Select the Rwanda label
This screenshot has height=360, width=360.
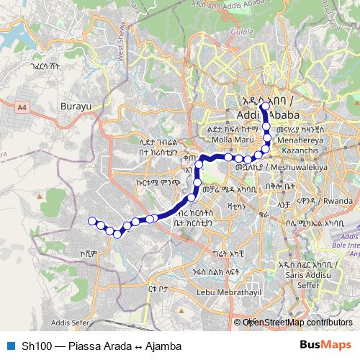[x=338, y=200]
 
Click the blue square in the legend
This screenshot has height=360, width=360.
[x=9, y=346]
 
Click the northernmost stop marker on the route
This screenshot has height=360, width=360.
[x=264, y=107]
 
